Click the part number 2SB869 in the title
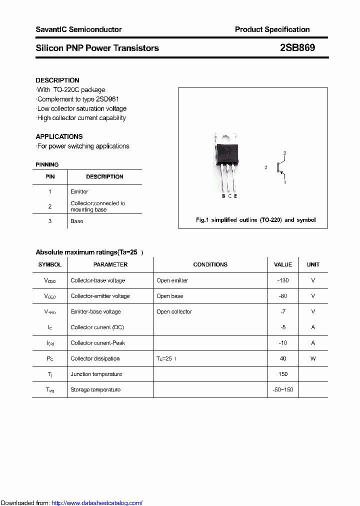tap(297, 48)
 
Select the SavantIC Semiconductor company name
tap(78, 29)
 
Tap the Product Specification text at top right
tap(272, 29)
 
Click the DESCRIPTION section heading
tap(57, 80)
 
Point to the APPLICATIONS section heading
tap(59, 136)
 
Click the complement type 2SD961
tap(107, 99)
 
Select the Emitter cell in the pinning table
tap(79, 191)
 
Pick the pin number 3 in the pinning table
tap(50, 221)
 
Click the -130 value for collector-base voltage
tap(283, 280)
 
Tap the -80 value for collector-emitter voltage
tap(283, 296)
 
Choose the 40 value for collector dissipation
tap(283, 358)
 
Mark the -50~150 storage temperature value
tap(283, 389)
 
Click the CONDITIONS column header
tap(210, 264)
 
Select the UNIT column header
tap(313, 264)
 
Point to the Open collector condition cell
tap(174, 311)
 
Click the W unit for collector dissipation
tap(313, 358)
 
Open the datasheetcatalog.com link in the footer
tap(97, 503)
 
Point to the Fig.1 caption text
tap(255, 220)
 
